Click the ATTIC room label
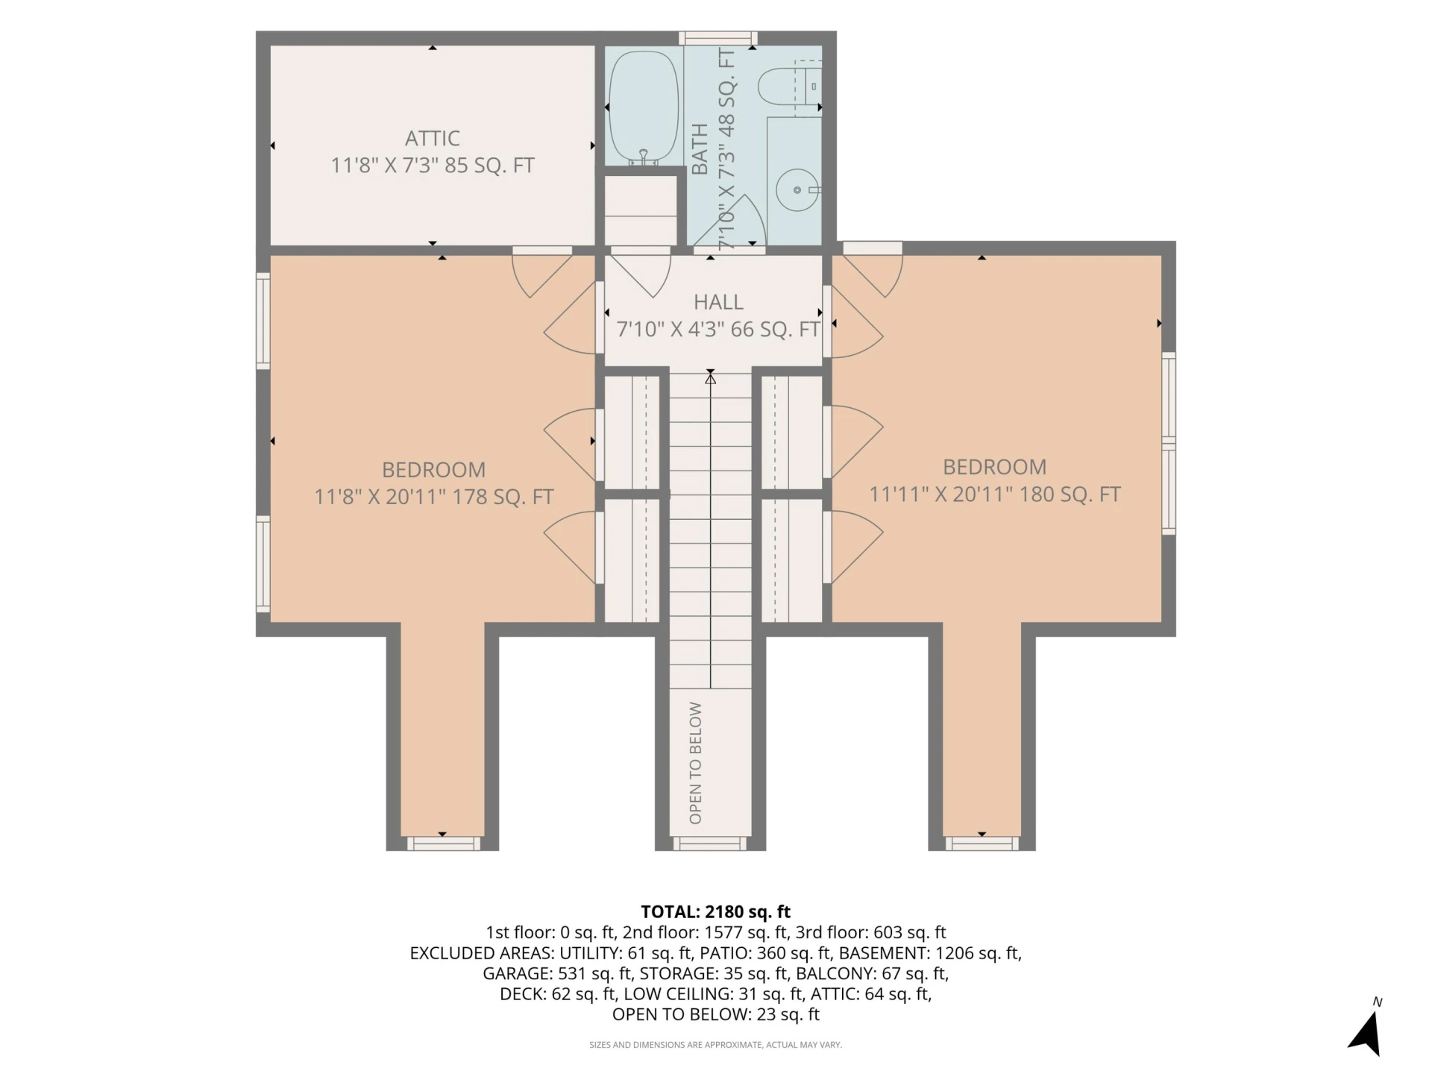432,138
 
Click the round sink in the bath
797,190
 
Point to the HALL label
718,302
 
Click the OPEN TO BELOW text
696,762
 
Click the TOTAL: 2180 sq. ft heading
715,911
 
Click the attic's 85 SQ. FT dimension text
489,165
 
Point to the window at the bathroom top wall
717,38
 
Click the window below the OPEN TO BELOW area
710,844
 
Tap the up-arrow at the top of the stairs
711,379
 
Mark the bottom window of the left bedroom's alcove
443,844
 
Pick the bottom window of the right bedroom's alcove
982,844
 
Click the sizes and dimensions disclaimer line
715,1045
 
